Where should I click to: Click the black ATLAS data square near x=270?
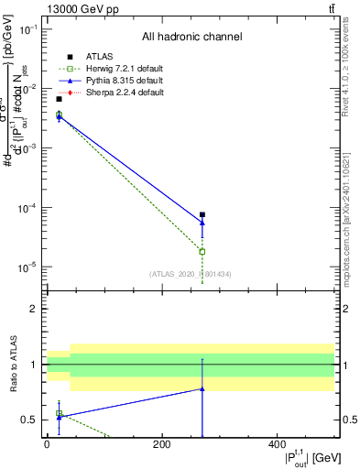click(202, 215)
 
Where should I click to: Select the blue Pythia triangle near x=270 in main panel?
click(202, 223)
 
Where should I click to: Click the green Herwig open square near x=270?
click(202, 251)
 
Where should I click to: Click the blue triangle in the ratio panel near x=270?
click(202, 388)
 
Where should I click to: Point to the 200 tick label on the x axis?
click(161, 445)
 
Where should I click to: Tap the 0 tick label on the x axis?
click(47, 445)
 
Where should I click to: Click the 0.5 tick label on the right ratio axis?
click(349, 420)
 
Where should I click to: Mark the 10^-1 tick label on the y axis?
click(26, 29)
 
